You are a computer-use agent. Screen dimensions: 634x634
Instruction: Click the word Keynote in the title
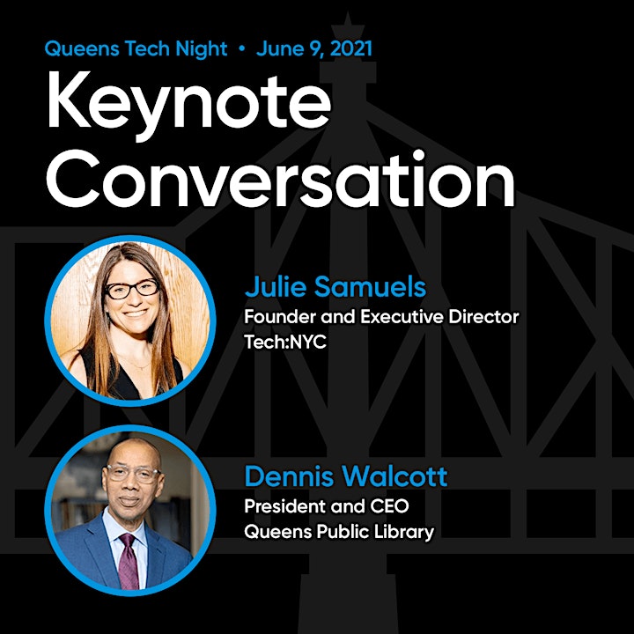(x=188, y=105)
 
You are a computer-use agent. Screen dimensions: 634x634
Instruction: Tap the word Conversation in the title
(x=281, y=179)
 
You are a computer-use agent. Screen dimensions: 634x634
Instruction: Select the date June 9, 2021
(x=314, y=49)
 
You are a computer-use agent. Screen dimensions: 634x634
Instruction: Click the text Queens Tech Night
(x=136, y=49)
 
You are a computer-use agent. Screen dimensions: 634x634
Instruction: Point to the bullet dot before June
(x=242, y=49)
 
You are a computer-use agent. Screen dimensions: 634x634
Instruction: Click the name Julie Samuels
(x=335, y=287)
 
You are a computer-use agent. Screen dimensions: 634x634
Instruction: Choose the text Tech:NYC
(x=285, y=342)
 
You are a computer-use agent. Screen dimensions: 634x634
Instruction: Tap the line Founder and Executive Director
(x=381, y=317)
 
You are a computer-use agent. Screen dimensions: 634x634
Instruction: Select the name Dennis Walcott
(x=346, y=475)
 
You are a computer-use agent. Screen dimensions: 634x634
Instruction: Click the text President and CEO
(x=327, y=505)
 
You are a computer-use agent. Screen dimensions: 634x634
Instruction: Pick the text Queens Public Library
(x=339, y=531)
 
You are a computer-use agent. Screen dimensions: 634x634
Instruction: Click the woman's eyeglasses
(x=132, y=289)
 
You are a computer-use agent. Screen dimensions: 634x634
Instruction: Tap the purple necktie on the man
(x=129, y=561)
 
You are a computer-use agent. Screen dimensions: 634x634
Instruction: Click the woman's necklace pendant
(x=138, y=368)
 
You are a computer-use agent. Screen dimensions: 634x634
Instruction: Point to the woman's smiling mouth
(x=135, y=313)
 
